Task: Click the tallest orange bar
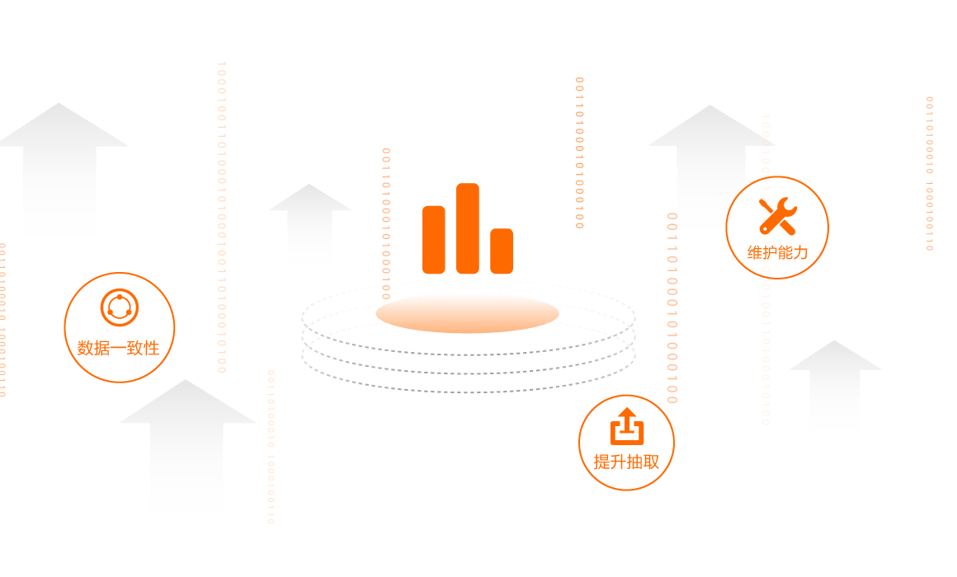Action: tap(468, 228)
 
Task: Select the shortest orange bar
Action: tap(502, 251)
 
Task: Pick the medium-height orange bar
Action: tap(434, 240)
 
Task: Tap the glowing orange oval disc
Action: tap(467, 314)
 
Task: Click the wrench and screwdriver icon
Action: tap(776, 214)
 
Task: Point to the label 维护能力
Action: tap(776, 253)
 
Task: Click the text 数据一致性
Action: tap(118, 348)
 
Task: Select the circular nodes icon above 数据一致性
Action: tap(120, 307)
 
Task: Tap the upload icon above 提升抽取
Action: tap(626, 426)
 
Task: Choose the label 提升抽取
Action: tap(626, 462)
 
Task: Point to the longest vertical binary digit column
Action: tap(221, 218)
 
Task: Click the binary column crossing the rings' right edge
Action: tap(672, 309)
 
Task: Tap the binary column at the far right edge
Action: tap(929, 173)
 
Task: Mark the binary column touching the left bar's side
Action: tap(385, 223)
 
